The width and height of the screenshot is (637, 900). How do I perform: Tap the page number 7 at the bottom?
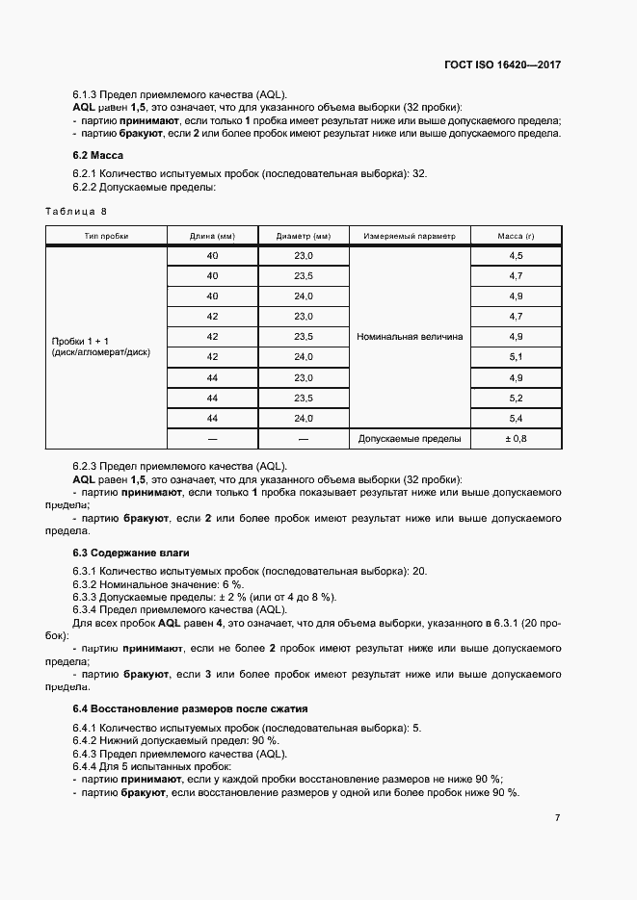pyautogui.click(x=557, y=817)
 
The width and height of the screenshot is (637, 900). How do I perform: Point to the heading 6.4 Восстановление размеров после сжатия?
pyautogui.click(x=190, y=708)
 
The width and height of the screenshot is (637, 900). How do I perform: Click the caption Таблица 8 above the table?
pyautogui.click(x=76, y=210)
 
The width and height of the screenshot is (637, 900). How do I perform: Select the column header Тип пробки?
pyautogui.click(x=106, y=236)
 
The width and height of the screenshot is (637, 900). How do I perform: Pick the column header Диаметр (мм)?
pyautogui.click(x=303, y=236)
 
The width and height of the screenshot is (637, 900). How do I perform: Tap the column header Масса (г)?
pyautogui.click(x=516, y=236)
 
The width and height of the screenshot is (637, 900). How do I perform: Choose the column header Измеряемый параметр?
pyautogui.click(x=409, y=236)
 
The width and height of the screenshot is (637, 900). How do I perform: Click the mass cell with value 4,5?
pyautogui.click(x=516, y=255)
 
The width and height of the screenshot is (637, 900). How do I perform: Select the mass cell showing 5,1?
pyautogui.click(x=516, y=357)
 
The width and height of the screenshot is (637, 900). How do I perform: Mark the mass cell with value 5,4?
pyautogui.click(x=516, y=419)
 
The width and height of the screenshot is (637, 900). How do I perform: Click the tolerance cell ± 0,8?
pyautogui.click(x=516, y=439)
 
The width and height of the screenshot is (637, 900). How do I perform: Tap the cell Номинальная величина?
pyautogui.click(x=409, y=337)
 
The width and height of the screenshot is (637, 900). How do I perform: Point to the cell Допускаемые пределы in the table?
pyautogui.click(x=409, y=439)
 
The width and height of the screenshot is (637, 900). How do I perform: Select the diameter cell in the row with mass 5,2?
pyautogui.click(x=303, y=399)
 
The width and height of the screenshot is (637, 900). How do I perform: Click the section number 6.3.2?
pyautogui.click(x=87, y=584)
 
